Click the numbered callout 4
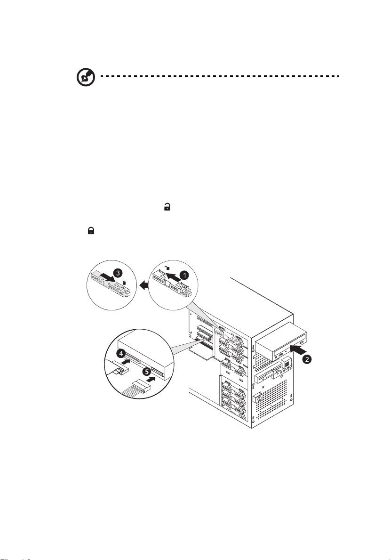121,353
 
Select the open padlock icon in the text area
166,206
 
